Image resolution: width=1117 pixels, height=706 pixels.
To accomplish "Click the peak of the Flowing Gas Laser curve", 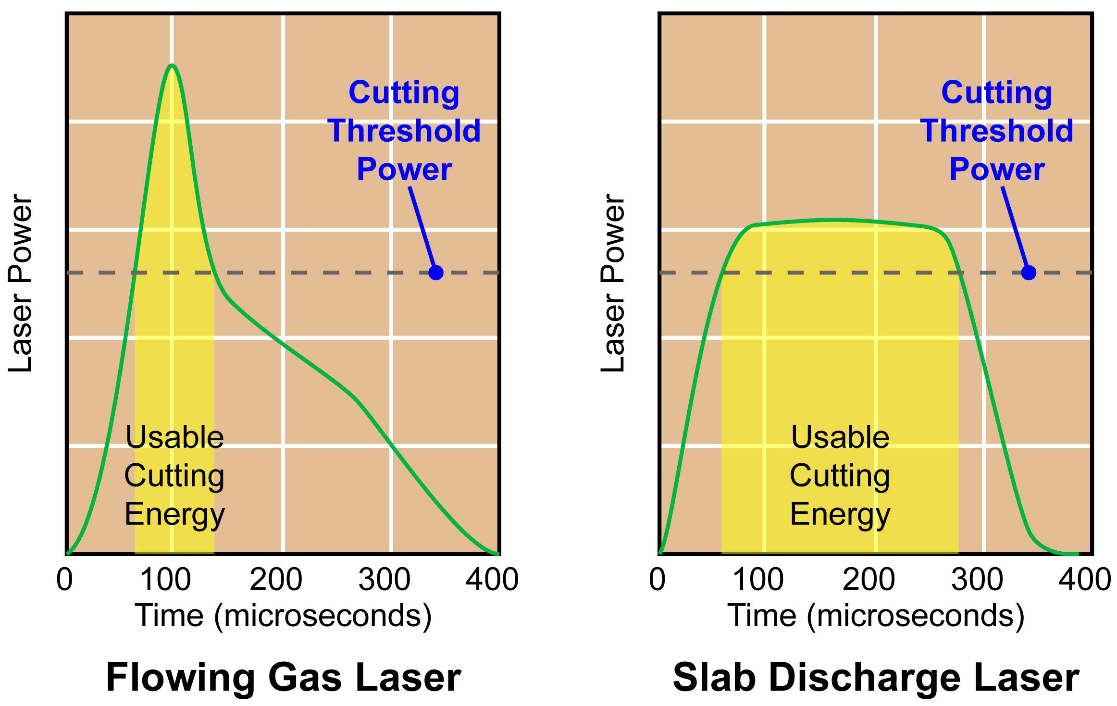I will [172, 65].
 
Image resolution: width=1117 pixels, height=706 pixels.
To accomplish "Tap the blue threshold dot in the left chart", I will [435, 272].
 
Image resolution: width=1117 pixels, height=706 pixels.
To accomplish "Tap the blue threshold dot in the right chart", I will [1028, 272].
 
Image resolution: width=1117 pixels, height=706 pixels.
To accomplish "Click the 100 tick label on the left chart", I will [166, 579].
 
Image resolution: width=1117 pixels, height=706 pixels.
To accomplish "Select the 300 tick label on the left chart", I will [385, 579].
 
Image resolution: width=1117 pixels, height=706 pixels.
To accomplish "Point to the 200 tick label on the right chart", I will [869, 579].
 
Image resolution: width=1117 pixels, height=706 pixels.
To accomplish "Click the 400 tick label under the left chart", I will [492, 579].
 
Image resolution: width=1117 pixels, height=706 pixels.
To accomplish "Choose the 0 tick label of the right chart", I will [657, 579].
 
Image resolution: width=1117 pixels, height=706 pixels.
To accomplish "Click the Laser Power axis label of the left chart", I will [20, 284].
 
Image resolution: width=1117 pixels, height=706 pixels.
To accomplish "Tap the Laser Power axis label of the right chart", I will [613, 284].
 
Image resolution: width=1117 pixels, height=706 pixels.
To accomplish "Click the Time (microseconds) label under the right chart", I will [876, 616].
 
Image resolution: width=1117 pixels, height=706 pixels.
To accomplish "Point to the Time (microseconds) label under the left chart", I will [283, 616].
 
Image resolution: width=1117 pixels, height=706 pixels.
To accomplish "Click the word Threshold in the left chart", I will [404, 131].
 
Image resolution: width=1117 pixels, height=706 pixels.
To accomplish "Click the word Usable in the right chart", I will [840, 437].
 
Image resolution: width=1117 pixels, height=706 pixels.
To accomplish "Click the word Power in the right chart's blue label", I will [996, 169].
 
